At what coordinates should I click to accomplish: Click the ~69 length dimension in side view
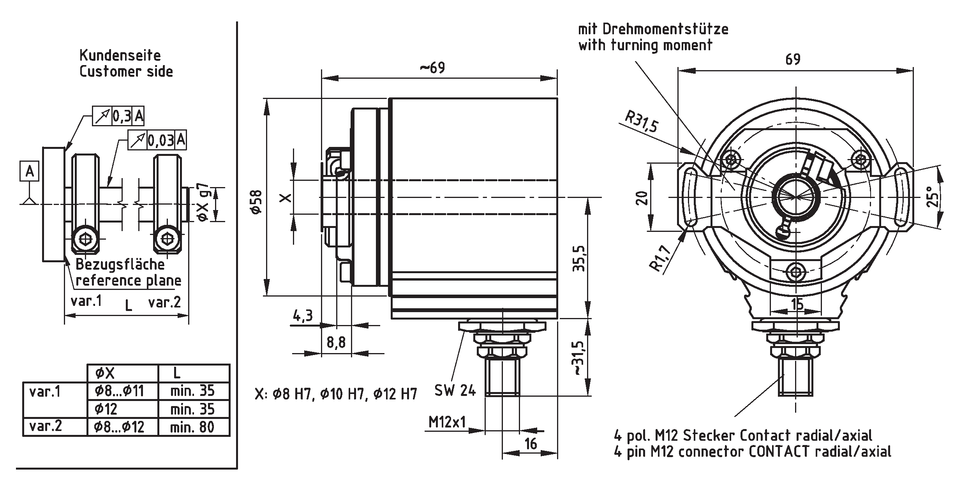[x=432, y=68]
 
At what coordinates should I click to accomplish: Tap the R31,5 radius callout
[x=641, y=121]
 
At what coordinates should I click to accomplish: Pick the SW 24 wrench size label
[x=455, y=390]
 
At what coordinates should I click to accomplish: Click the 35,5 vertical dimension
[x=578, y=258]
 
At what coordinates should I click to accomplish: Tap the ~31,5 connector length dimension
[x=578, y=358]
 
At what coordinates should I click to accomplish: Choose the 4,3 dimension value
[x=303, y=315]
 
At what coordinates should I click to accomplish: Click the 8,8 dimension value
[x=336, y=343]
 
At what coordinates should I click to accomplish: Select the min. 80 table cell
[x=192, y=427]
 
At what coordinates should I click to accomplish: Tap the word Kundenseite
[x=120, y=55]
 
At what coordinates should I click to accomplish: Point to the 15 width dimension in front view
[x=797, y=304]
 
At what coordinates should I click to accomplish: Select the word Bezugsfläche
[x=120, y=264]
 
